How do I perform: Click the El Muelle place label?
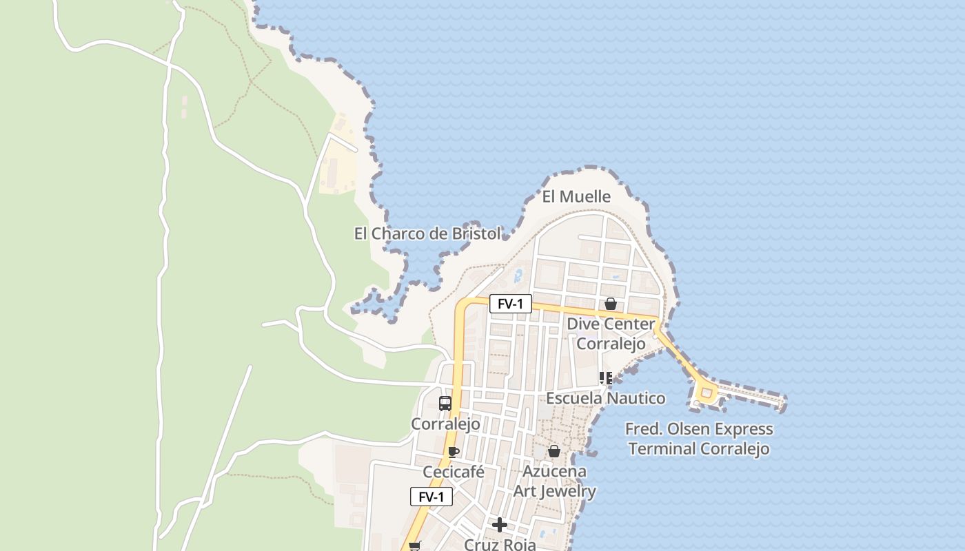pyautogui.click(x=576, y=197)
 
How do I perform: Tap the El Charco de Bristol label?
pyautogui.click(x=427, y=234)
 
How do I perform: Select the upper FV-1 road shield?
pyautogui.click(x=511, y=304)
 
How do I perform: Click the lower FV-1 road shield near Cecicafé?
pyautogui.click(x=431, y=497)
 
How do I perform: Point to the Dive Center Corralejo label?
pyautogui.click(x=611, y=333)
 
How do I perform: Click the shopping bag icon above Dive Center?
pyautogui.click(x=610, y=304)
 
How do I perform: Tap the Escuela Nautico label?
pyautogui.click(x=606, y=398)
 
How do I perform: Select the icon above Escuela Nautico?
pyautogui.click(x=606, y=377)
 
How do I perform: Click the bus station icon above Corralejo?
pyautogui.click(x=445, y=404)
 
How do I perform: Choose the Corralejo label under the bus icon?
pyautogui.click(x=445, y=424)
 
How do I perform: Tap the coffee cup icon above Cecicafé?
pyautogui.click(x=453, y=452)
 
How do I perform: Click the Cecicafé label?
pyautogui.click(x=453, y=472)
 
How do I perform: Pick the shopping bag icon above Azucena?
pyautogui.click(x=554, y=451)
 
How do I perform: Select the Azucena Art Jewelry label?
pyautogui.click(x=555, y=481)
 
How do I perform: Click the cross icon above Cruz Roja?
pyautogui.click(x=500, y=526)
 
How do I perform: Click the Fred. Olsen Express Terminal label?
pyautogui.click(x=699, y=439)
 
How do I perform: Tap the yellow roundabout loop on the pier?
pyautogui.click(x=706, y=393)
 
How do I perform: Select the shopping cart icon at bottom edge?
pyautogui.click(x=414, y=546)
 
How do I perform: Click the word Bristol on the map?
pyautogui.click(x=476, y=234)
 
